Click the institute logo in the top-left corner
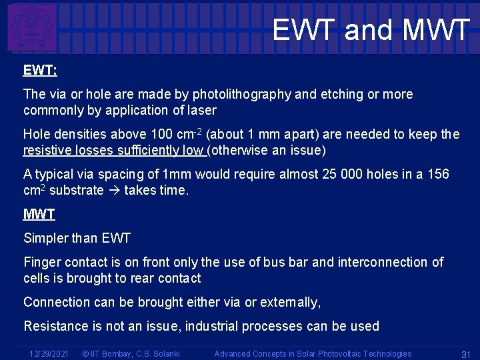point(31,27)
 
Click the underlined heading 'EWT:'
point(39,70)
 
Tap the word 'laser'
point(199,110)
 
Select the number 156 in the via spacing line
point(438,175)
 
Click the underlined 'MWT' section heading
point(39,214)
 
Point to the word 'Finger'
point(41,262)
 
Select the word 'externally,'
point(290,302)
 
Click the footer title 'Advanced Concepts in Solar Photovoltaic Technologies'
point(313,353)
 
